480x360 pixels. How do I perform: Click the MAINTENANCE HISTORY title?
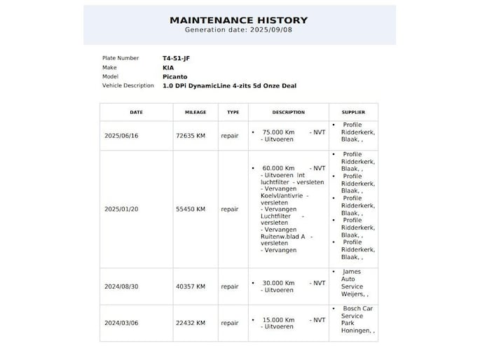[239, 20]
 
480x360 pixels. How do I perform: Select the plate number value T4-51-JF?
[176, 58]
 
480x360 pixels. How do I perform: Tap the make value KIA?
[168, 67]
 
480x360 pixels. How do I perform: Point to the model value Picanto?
[174, 76]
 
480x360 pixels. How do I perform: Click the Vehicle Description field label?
[128, 85]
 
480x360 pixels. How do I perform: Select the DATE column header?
[136, 112]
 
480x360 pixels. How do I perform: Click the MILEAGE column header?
[196, 112]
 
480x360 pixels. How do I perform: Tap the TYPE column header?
[233, 112]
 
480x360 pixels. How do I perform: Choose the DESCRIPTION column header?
[288, 112]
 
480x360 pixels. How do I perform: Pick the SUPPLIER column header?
[353, 112]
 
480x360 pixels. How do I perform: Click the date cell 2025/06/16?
[121, 136]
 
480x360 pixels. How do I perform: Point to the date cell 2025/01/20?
[121, 209]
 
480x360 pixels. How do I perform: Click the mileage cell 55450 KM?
[191, 209]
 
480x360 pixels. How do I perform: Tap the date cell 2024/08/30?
[121, 286]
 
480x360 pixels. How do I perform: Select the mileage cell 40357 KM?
[191, 286]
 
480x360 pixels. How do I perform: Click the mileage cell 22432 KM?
[191, 323]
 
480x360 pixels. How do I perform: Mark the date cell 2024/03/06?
[121, 323]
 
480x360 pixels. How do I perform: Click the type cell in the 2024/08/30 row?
[230, 286]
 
